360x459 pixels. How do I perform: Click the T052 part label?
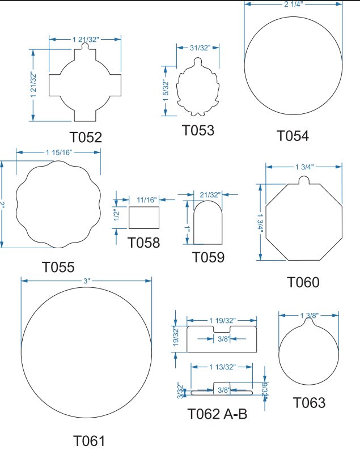coord(86,137)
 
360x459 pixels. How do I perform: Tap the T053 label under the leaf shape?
coord(198,130)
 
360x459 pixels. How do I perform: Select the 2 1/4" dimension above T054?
coord(293,4)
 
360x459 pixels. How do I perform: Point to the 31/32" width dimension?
coord(200,48)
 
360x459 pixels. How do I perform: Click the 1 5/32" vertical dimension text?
coord(166,91)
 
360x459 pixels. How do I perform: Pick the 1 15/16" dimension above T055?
coord(58,152)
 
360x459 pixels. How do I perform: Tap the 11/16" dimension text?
coord(147,200)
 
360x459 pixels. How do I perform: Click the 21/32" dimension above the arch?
coord(210,195)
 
